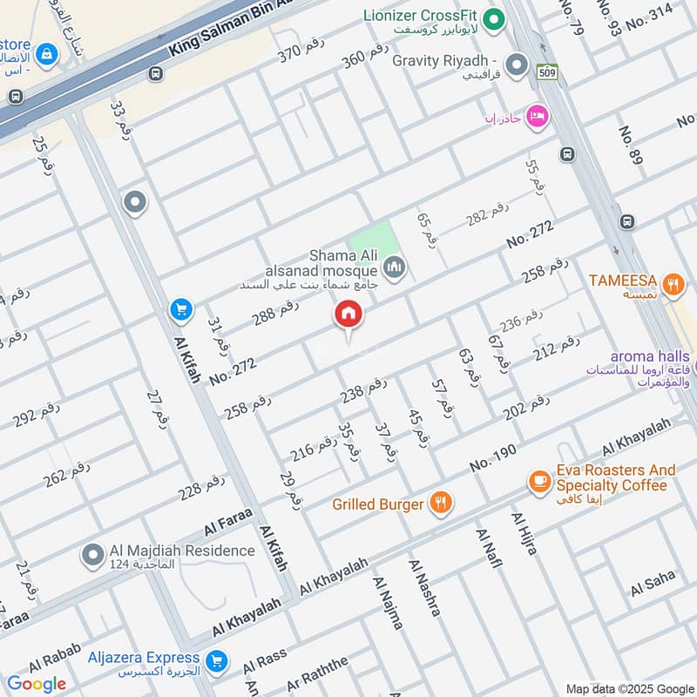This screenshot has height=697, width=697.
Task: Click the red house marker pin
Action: pyautogui.click(x=348, y=315)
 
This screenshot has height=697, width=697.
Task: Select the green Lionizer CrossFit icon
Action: pyautogui.click(x=494, y=17)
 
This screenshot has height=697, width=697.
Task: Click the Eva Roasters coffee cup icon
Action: pyautogui.click(x=540, y=479)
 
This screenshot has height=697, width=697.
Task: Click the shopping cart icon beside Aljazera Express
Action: pyautogui.click(x=218, y=661)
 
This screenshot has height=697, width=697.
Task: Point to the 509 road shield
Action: pyautogui.click(x=546, y=70)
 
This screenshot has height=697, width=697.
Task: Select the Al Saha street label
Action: pyautogui.click(x=653, y=582)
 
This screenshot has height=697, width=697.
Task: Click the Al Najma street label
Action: pyautogui.click(x=388, y=602)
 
